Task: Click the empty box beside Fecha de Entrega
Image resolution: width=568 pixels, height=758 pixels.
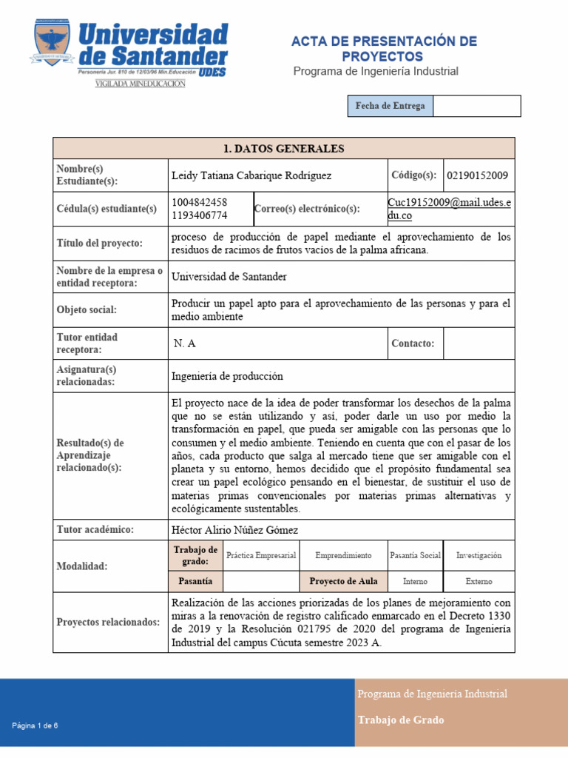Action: [476, 107]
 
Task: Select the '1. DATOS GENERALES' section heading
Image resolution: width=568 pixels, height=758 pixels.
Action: [284, 149]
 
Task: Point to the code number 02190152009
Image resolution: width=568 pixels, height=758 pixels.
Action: [477, 176]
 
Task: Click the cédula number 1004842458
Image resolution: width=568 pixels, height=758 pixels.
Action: [199, 202]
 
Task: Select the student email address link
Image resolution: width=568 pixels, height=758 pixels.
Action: [450, 209]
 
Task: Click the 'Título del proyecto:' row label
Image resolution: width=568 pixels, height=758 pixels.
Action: [100, 243]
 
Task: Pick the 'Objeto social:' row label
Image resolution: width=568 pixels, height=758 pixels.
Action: [87, 310]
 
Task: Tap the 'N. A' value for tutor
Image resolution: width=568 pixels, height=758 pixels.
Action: [185, 343]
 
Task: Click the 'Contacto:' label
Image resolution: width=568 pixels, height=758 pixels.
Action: [413, 343]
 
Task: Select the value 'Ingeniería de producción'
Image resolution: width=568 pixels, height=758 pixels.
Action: [227, 376]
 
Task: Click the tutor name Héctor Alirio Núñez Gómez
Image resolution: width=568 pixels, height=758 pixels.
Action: [234, 530]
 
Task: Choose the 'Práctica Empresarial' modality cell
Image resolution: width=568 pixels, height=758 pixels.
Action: [261, 555]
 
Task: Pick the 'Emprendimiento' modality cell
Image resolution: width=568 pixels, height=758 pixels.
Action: [343, 555]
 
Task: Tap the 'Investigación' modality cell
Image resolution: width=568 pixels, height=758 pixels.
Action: [479, 555]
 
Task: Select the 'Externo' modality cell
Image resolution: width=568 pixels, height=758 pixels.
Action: [479, 582]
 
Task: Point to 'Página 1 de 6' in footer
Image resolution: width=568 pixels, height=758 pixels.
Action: [35, 725]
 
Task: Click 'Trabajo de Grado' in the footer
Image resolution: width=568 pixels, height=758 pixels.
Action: [401, 720]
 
